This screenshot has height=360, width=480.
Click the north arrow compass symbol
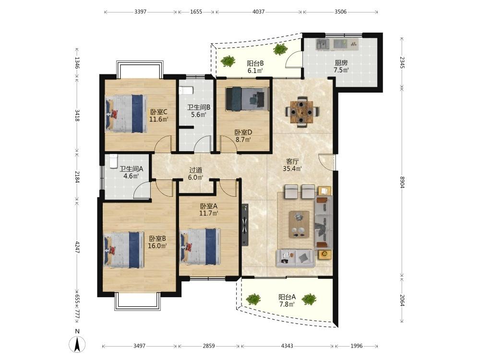(x=77, y=344)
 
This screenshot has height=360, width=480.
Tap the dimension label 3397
(x=140, y=12)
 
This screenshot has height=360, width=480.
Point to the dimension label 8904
(x=402, y=182)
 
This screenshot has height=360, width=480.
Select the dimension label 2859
(x=208, y=346)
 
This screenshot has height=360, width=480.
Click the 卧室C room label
(x=158, y=112)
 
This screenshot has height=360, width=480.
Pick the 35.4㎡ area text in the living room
(x=292, y=168)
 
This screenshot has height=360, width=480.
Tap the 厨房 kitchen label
(x=341, y=63)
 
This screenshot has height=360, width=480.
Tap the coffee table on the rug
(x=299, y=224)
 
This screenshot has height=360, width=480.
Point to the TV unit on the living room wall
(x=245, y=225)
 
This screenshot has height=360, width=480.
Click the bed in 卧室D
(x=247, y=99)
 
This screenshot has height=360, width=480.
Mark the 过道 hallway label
(x=196, y=170)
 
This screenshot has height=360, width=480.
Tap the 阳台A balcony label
(x=287, y=297)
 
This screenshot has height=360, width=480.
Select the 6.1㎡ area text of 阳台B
(x=255, y=71)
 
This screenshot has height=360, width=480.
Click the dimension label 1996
(x=356, y=346)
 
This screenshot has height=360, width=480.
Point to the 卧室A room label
(x=209, y=206)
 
